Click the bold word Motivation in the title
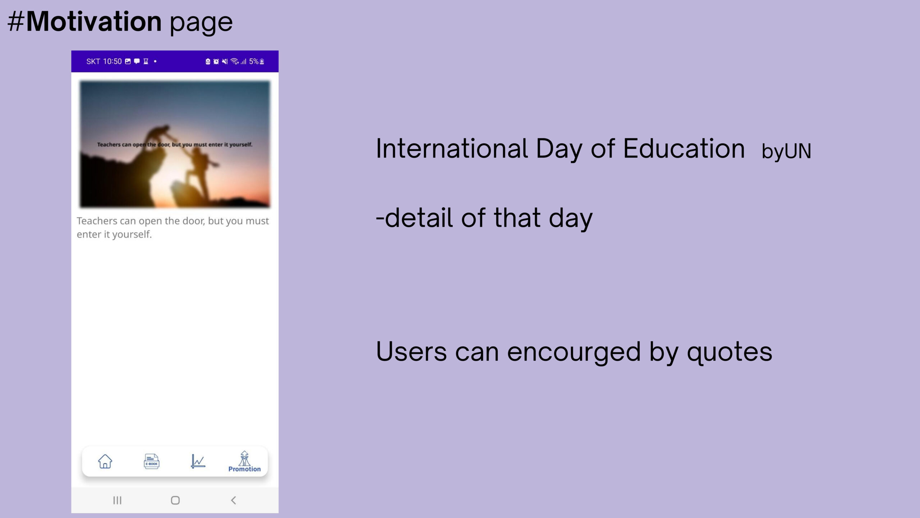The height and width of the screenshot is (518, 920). (x=94, y=22)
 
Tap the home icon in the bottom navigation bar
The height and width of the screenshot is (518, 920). (x=105, y=461)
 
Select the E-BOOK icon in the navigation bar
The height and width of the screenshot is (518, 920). (x=151, y=461)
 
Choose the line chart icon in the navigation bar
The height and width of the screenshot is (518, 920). (x=198, y=461)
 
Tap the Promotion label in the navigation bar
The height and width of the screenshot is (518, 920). (x=244, y=469)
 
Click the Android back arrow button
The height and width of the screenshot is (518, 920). (x=233, y=500)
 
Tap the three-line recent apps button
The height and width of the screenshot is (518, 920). (x=117, y=500)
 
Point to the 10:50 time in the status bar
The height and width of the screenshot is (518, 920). (x=112, y=62)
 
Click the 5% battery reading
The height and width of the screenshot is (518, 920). (x=254, y=62)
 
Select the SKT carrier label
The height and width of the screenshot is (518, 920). (x=93, y=62)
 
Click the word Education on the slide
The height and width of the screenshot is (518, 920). (x=684, y=148)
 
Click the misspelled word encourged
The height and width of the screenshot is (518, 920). (x=574, y=352)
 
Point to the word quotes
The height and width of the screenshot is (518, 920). (x=730, y=352)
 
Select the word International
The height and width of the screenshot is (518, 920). (x=452, y=148)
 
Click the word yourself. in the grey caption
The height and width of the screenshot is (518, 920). (x=132, y=235)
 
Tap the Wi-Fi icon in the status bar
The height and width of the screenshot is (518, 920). (x=235, y=62)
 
